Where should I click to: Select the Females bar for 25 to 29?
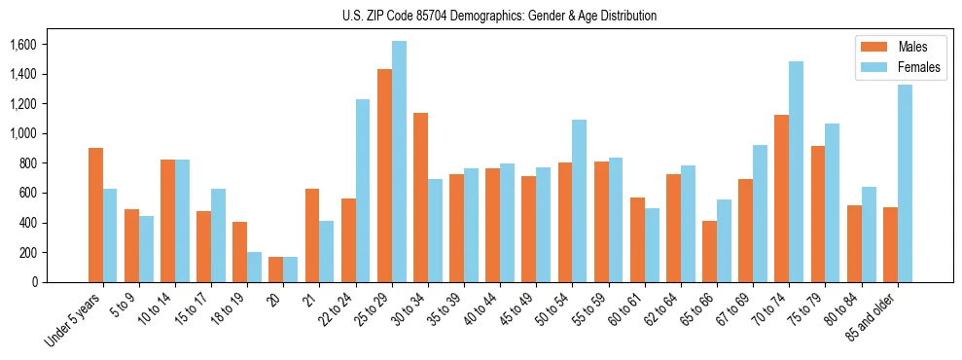(x=399, y=162)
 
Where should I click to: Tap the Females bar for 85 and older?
(x=905, y=183)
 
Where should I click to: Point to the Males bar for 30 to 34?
(x=420, y=198)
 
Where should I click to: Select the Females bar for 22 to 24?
(x=363, y=191)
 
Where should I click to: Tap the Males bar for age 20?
(x=276, y=270)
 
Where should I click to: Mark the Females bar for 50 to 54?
(x=580, y=200)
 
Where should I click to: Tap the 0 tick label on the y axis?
(x=34, y=282)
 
